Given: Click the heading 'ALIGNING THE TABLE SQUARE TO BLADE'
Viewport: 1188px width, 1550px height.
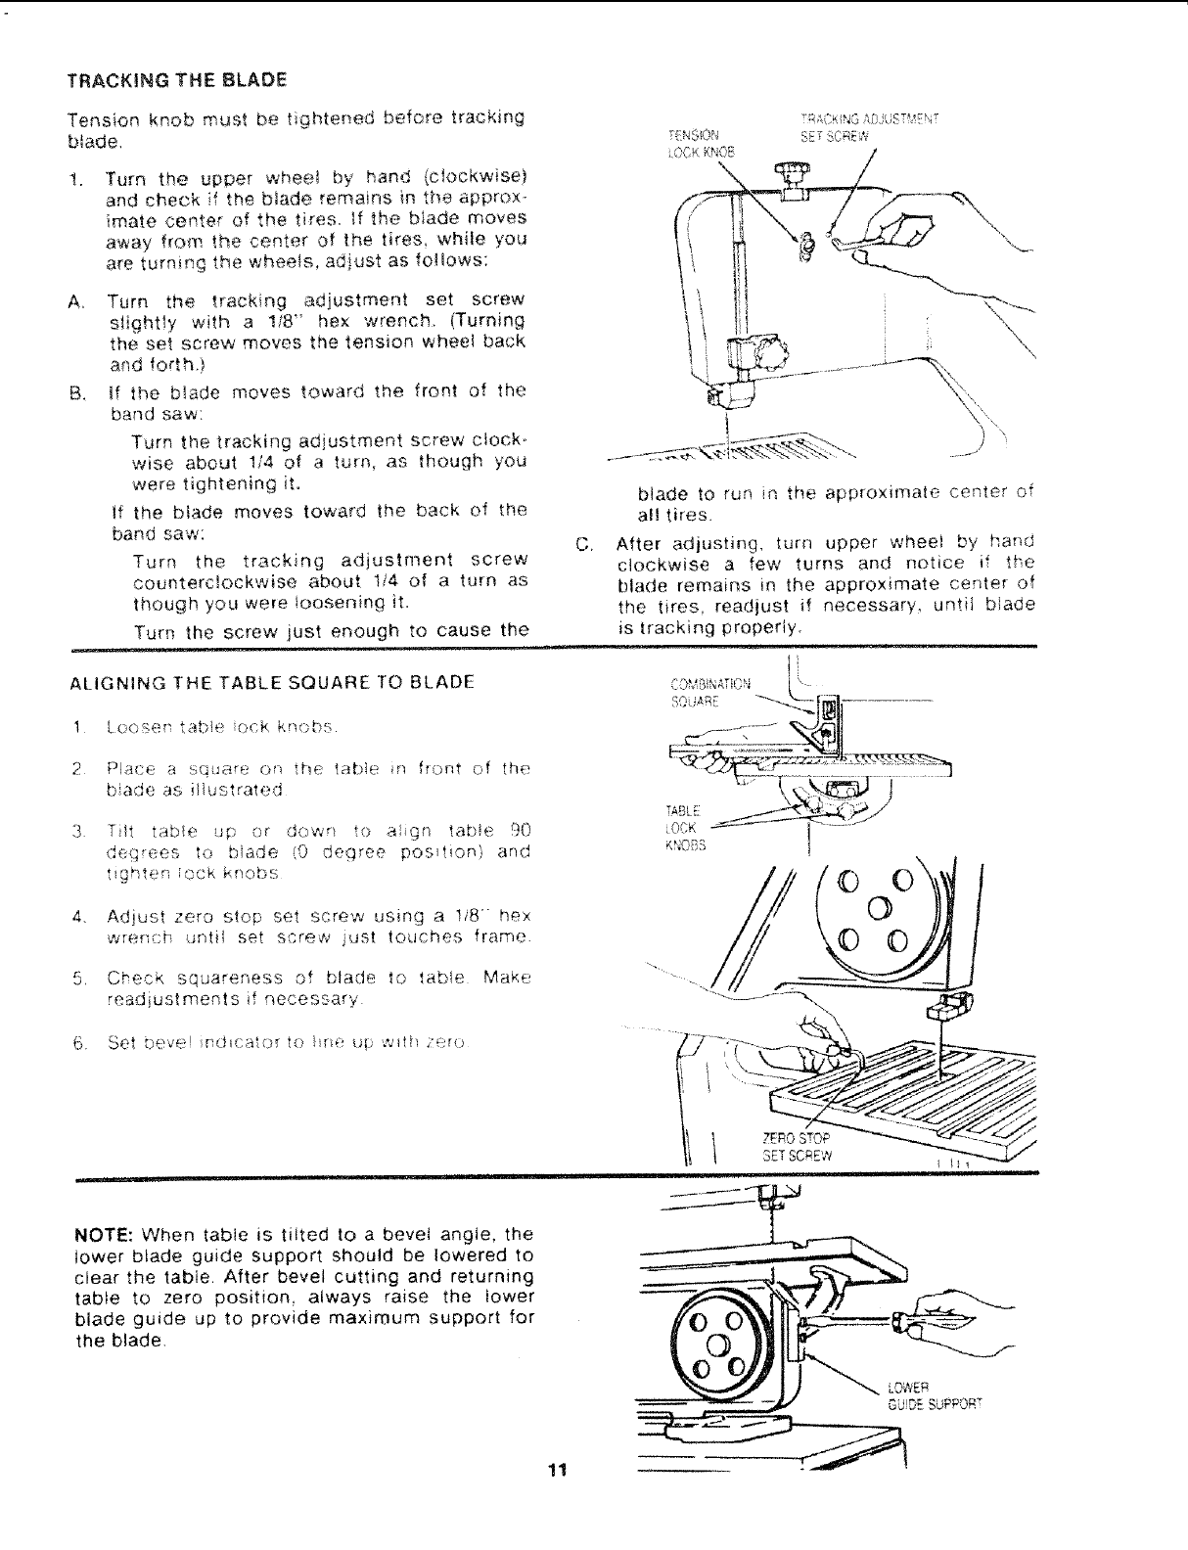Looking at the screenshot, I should (271, 681).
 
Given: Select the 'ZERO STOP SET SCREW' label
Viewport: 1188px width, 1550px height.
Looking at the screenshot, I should (796, 1147).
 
